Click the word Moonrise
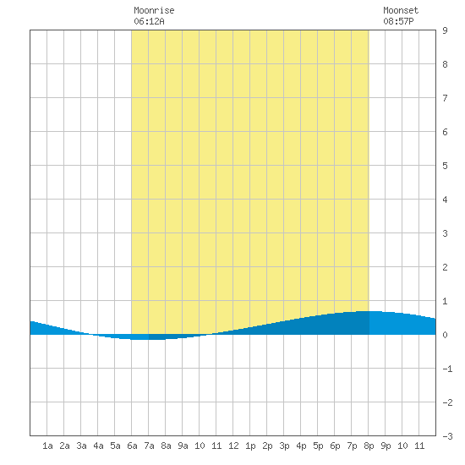154,10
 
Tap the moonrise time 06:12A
149,21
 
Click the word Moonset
401,10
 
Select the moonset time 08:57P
398,21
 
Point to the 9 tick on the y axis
445,30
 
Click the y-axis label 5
445,166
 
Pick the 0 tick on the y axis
445,335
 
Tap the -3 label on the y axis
447,436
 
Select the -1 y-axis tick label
447,369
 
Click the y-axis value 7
445,98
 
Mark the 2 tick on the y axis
445,267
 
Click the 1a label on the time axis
47,446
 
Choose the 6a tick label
132,446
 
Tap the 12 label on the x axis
233,446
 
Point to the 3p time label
284,446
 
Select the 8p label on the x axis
369,446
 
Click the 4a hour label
98,446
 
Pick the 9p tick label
386,446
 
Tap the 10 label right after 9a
200,446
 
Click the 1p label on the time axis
250,446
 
